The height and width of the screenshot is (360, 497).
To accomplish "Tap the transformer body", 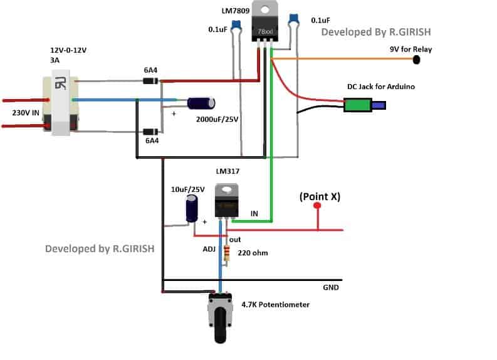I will click(x=59, y=104).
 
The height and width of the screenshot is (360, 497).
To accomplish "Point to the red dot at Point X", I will click(x=317, y=206).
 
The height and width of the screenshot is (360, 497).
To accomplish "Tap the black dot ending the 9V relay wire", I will click(x=416, y=60).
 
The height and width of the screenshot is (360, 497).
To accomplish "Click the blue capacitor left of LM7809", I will click(x=236, y=26).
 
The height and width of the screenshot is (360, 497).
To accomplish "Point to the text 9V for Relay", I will click(x=411, y=49).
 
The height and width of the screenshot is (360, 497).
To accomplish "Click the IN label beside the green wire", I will click(x=254, y=214).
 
